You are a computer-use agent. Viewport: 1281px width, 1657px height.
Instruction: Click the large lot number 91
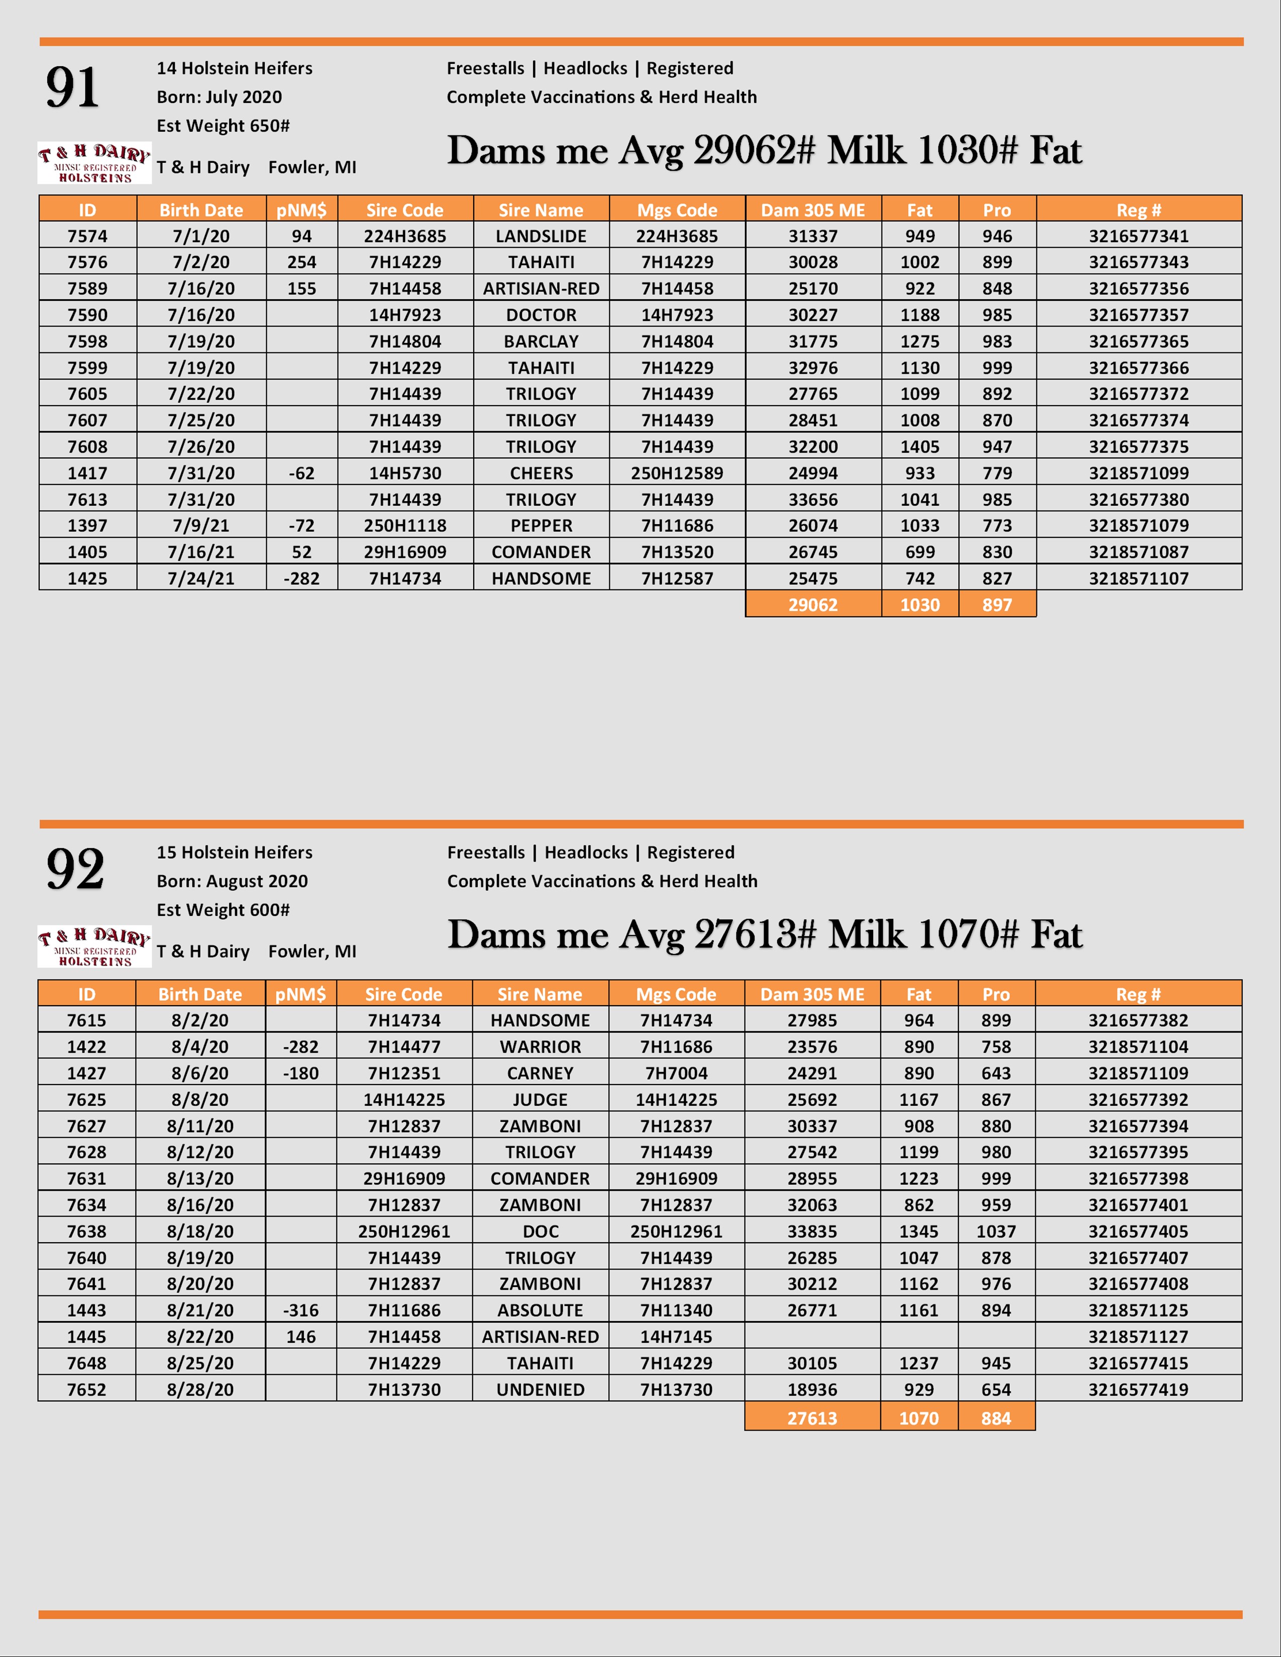pos(73,87)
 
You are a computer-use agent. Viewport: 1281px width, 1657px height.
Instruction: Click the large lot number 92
pos(75,870)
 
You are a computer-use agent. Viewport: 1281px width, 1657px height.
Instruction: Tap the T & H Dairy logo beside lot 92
pos(95,947)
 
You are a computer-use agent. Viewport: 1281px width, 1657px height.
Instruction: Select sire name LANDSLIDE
pos(541,236)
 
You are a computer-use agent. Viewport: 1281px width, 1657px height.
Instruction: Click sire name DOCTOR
pos(541,315)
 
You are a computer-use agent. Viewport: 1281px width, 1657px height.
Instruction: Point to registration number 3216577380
pos(1138,499)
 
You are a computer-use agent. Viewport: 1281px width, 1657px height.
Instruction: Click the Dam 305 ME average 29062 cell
pos(813,605)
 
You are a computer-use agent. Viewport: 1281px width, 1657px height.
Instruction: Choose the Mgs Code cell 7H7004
pos(676,1074)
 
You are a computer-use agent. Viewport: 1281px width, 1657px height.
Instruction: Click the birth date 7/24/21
pos(201,578)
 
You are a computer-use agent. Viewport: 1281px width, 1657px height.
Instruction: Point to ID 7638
pos(86,1231)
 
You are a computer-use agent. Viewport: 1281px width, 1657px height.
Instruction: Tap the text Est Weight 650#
pos(223,126)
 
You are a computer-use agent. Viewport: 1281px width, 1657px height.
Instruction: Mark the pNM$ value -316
pos(300,1310)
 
